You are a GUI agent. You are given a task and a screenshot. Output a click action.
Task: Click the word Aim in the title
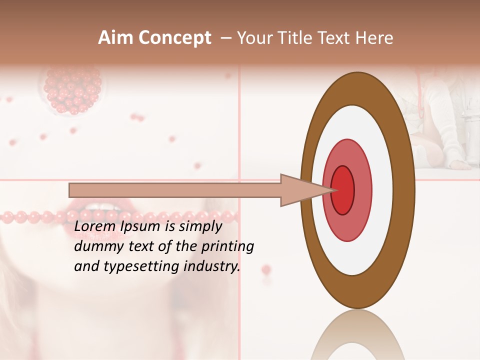coord(116,38)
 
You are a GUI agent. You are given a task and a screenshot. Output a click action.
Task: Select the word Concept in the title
coord(175,38)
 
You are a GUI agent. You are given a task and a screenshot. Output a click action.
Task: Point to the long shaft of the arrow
coord(175,190)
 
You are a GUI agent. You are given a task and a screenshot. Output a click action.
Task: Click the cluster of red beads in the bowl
coord(72,90)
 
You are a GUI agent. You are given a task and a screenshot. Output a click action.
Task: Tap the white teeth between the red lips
coord(102,206)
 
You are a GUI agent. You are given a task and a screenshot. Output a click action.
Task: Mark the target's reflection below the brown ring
coord(357,335)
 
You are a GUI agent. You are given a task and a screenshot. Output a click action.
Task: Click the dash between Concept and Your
coord(225,38)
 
